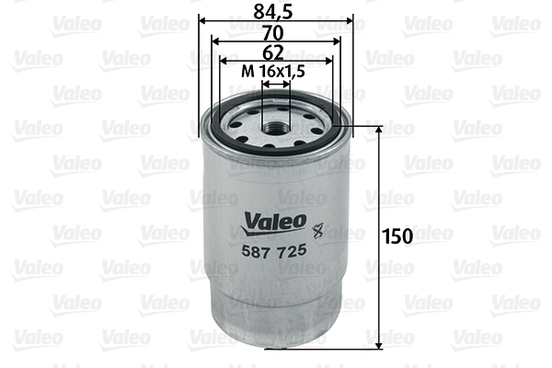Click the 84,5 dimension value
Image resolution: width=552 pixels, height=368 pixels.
[x=276, y=12]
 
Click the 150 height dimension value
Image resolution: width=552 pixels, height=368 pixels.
[x=397, y=236]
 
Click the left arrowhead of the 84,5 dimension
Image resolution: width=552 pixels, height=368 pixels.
[x=203, y=19]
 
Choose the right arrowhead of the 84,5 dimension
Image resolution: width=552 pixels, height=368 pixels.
[x=348, y=19]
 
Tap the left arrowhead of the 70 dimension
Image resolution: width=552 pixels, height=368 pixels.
[x=215, y=40]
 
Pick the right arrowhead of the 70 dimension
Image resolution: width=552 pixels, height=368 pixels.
[x=336, y=40]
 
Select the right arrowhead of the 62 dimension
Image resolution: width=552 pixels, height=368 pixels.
[x=328, y=62]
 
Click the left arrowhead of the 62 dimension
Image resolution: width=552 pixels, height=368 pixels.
[x=223, y=62]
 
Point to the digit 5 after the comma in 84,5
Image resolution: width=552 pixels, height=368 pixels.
[x=294, y=12]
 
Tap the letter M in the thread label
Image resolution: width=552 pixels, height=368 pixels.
[x=246, y=71]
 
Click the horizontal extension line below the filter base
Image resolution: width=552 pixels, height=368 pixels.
[x=322, y=348]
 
